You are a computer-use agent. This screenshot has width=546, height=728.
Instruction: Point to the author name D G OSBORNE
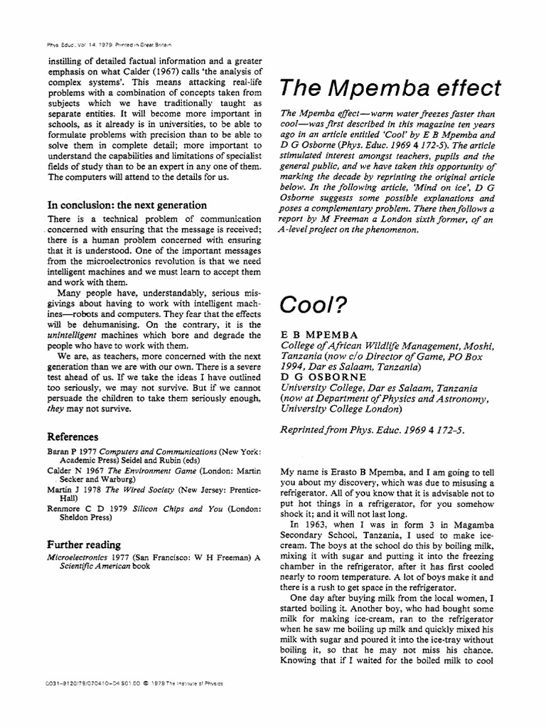[323, 378]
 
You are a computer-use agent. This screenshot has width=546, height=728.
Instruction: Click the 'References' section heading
[73, 437]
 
